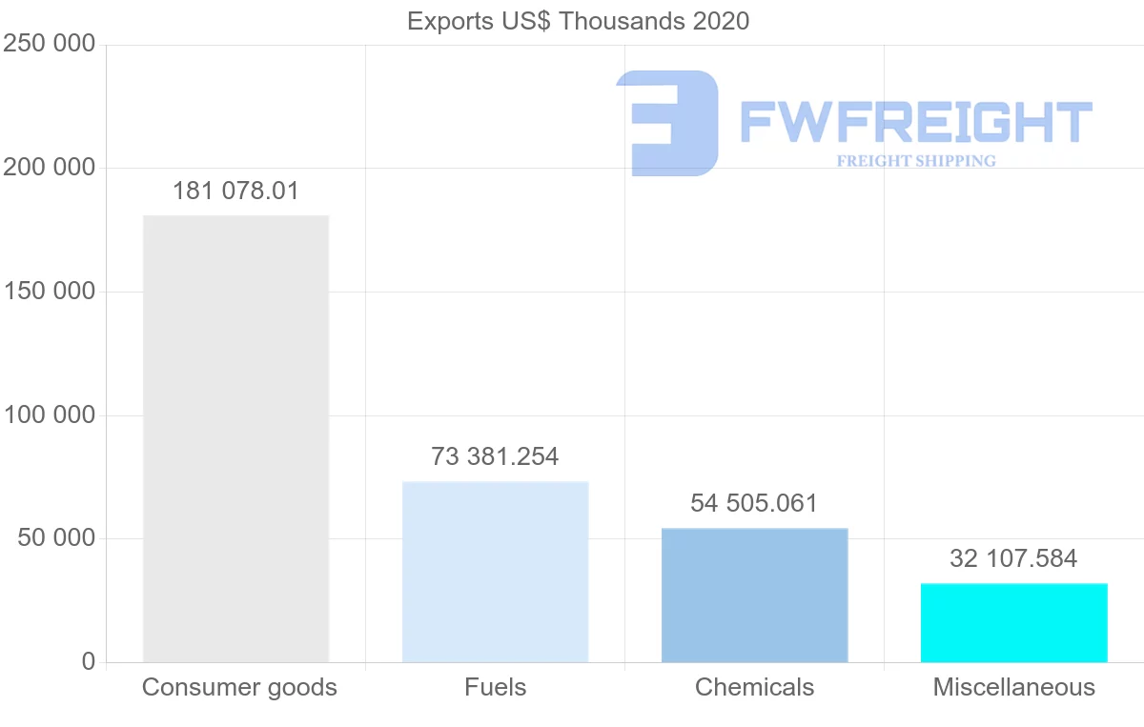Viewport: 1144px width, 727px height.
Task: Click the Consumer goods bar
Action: (x=235, y=438)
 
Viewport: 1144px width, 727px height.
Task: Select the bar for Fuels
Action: (x=495, y=572)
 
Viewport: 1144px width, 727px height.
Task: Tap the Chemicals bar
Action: (x=754, y=595)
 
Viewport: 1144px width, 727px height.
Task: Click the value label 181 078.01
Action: (x=235, y=191)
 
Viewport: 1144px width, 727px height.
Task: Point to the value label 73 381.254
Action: (x=495, y=456)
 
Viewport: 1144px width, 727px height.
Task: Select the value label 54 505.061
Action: (x=754, y=503)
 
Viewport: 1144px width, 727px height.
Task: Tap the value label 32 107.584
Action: (x=1013, y=558)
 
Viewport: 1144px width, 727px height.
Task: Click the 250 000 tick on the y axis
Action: (x=50, y=44)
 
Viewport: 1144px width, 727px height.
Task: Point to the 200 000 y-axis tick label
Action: (x=50, y=168)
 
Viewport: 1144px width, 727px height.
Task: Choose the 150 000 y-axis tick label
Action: (x=50, y=292)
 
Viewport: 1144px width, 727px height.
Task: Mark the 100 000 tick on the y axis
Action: (x=50, y=415)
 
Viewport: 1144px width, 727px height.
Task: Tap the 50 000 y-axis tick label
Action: (x=56, y=538)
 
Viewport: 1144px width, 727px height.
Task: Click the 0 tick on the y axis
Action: (x=89, y=661)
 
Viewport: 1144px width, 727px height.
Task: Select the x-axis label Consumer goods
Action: (x=239, y=687)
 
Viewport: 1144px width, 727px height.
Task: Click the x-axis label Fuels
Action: (x=495, y=687)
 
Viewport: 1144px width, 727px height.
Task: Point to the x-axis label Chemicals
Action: (x=754, y=687)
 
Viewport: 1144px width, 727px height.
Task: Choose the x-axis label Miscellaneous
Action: (x=1013, y=687)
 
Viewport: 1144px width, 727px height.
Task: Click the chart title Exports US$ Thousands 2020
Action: (x=578, y=21)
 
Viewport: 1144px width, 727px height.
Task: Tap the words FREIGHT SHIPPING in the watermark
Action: (x=916, y=161)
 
